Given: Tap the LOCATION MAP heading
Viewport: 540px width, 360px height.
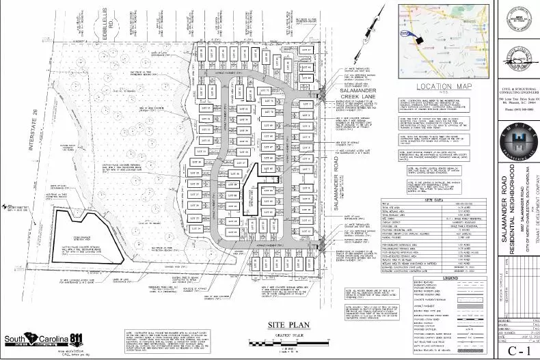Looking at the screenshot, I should pos(435,87).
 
